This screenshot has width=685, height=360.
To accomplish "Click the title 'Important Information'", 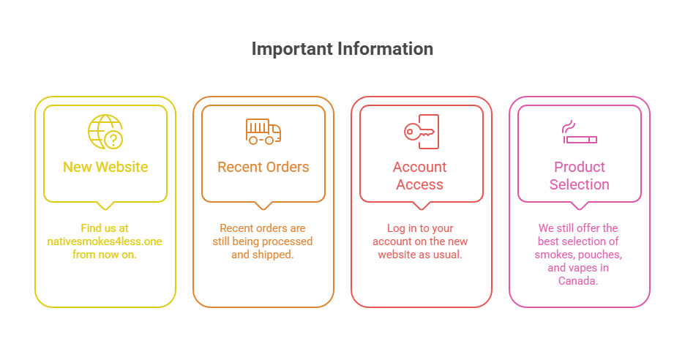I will coord(342,49).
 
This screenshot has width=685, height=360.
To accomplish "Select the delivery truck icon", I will coord(263,132).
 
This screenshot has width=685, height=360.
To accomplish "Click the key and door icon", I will coord(421,131).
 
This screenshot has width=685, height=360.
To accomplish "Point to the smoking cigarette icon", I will coord(579,133).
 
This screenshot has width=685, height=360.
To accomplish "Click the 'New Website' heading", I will coord(105,167).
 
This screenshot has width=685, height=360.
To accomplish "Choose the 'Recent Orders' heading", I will coord(263,167).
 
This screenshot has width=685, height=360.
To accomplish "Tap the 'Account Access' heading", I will coord(421,176).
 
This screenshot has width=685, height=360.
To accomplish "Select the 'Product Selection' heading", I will coord(579,176).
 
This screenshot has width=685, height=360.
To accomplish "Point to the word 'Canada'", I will coord(579,281).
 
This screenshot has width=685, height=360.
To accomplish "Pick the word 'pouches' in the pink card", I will coord(603,255).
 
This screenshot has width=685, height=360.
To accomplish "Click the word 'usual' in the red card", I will coord(448,255).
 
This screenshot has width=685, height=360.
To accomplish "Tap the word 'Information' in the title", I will coord(385,49).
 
